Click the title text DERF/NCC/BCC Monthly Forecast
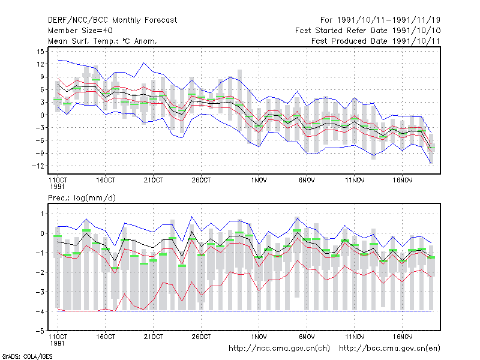coord(112,20)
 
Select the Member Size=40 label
coord(80,31)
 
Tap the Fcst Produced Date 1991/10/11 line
coord(376,41)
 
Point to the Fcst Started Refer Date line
coord(368,31)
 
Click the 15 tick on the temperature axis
coord(40,52)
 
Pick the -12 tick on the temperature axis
coord(38,166)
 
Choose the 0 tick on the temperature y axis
coord(42,115)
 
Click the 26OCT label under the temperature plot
coord(201,180)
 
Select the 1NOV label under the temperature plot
coord(259,180)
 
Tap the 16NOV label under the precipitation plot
coord(402,337)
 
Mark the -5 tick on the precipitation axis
coord(40,331)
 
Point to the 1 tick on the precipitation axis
coord(42,214)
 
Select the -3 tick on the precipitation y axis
coord(40,292)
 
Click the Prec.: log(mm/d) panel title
coord(82,198)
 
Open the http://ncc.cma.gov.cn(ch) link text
coord(279,349)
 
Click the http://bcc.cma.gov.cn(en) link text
coord(389,349)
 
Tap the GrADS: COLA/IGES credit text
coord(27,356)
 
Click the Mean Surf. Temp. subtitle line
coord(103,41)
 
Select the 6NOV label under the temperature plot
coord(307,180)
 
